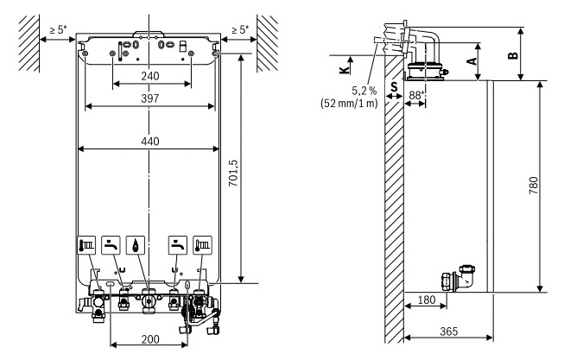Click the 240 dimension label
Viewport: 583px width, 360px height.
pyautogui.click(x=150, y=76)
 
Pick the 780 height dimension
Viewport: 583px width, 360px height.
pyautogui.click(x=532, y=186)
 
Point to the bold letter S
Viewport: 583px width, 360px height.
pyautogui.click(x=394, y=85)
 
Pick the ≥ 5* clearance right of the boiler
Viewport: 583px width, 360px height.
pyautogui.click(x=239, y=30)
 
